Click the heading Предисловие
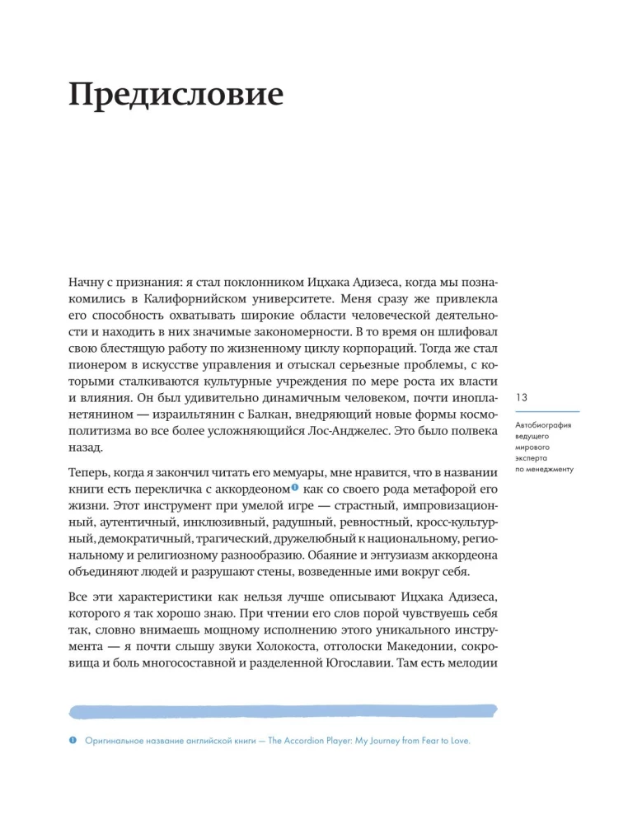(x=176, y=96)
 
